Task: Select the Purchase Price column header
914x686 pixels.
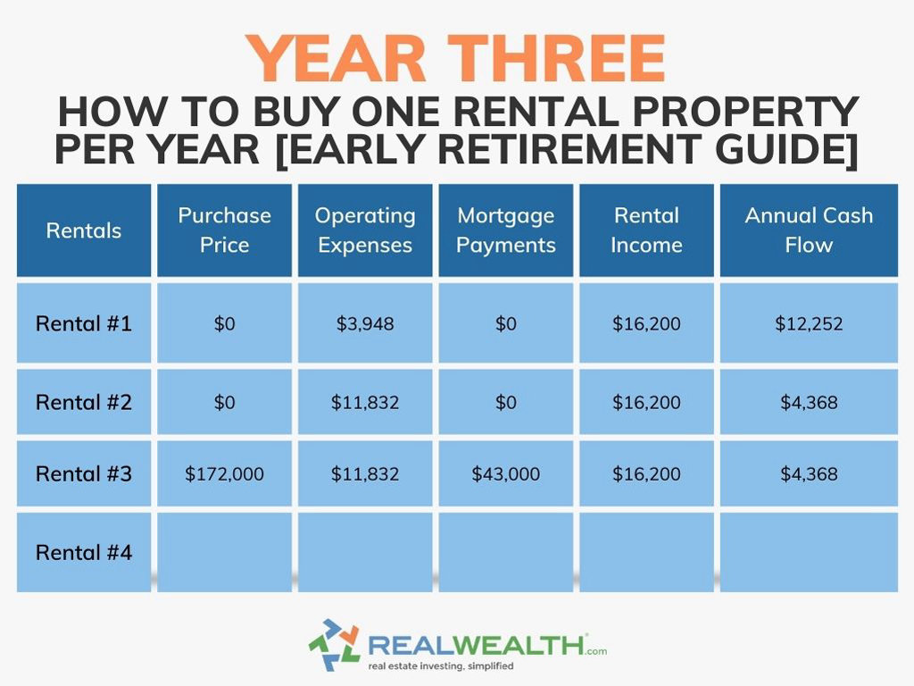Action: pos(224,230)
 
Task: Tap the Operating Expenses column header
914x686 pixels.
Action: pos(364,230)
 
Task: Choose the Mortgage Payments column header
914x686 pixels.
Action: pos(505,230)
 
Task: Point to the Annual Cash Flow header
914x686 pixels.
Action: pos(809,230)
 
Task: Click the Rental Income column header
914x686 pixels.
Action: pos(646,230)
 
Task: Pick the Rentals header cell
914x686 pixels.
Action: pos(84,230)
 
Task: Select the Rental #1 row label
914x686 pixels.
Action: pos(84,323)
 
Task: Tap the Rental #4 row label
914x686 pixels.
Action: pos(84,553)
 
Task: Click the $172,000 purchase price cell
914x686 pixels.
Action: pos(224,474)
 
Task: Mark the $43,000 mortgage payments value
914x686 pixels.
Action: pos(505,474)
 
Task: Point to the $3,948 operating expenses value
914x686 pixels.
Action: pos(364,323)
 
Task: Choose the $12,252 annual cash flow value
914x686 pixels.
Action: pos(809,323)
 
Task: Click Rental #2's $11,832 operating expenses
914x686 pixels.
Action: pos(364,402)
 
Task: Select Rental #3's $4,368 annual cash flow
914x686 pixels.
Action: pos(809,474)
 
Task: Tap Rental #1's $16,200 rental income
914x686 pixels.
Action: pos(646,323)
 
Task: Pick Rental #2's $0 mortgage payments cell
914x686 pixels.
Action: pos(505,402)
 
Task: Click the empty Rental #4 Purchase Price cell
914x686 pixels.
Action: pos(224,553)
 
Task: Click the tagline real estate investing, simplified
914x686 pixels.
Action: pos(440,666)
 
